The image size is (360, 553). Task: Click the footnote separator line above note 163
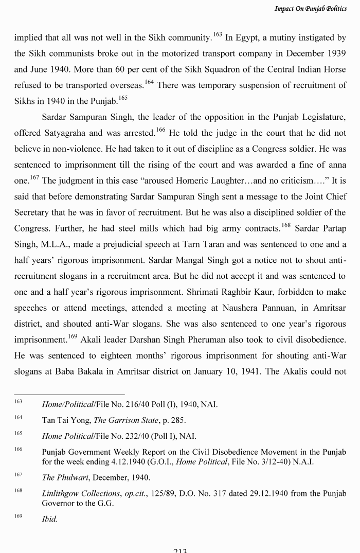tap(69, 395)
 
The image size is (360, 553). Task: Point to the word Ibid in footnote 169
tap(49, 520)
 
